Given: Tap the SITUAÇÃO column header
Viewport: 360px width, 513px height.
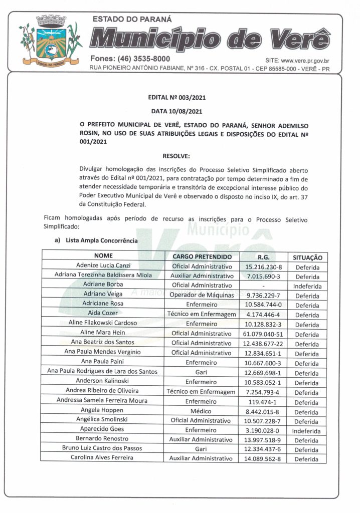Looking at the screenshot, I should (307, 257).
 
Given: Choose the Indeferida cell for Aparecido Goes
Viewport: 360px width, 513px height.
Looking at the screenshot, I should (307, 430).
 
